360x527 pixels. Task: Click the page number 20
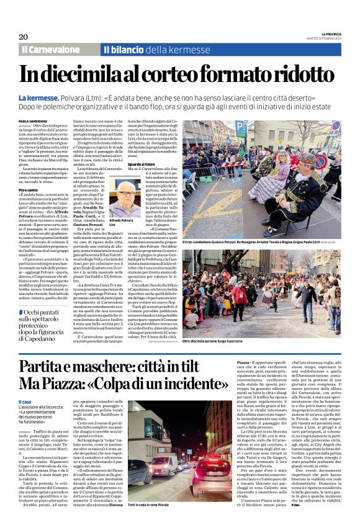(23, 37)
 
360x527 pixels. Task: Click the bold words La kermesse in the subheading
(39, 98)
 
